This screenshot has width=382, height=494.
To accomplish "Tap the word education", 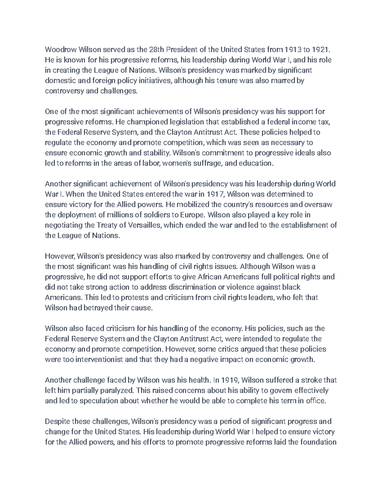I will coord(258,163).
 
